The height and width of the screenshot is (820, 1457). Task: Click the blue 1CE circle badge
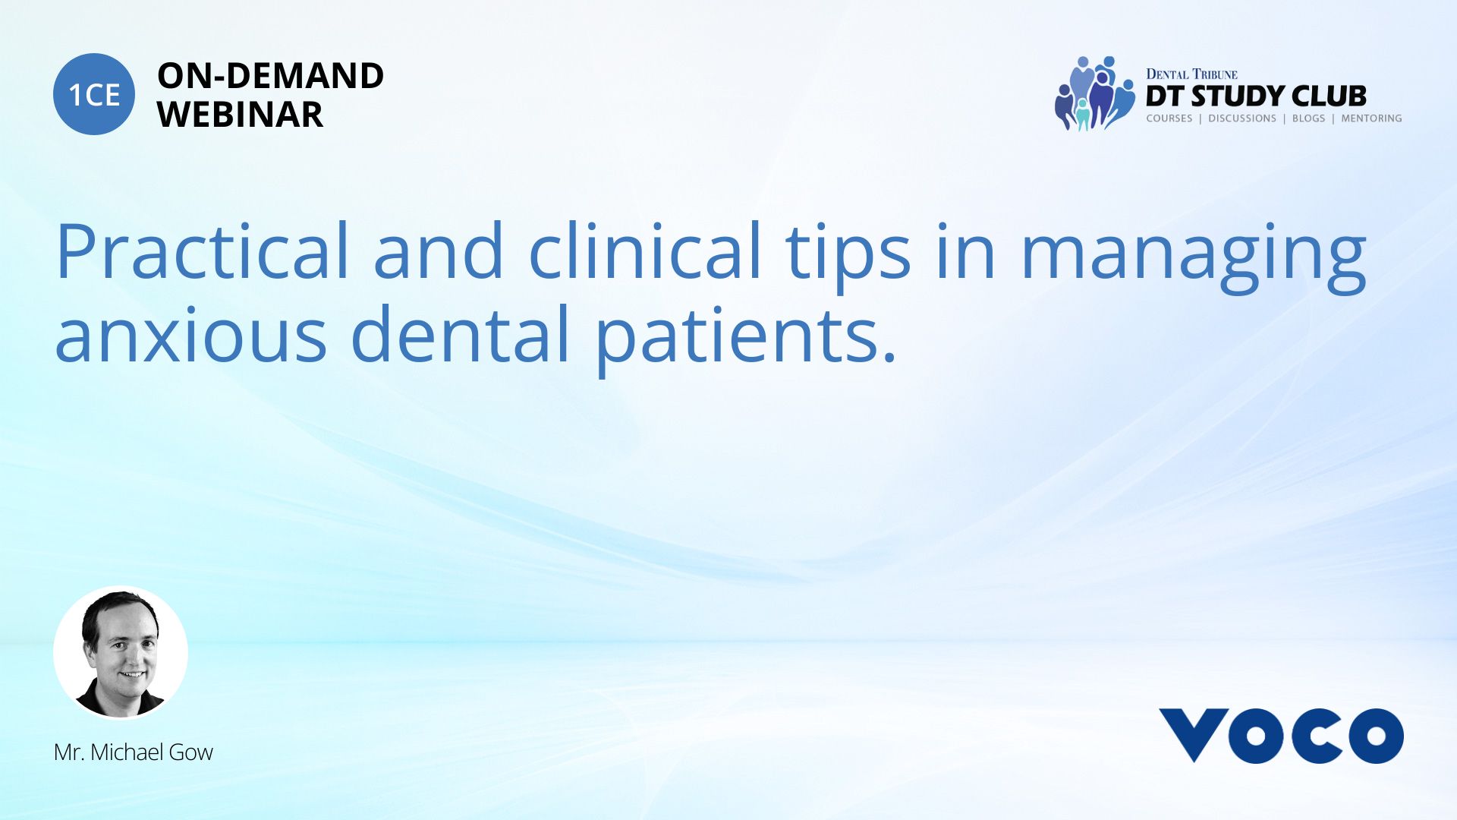pyautogui.click(x=94, y=94)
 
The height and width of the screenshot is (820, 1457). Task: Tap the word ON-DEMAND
pyautogui.click(x=270, y=76)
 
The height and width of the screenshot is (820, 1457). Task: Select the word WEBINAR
pyautogui.click(x=240, y=115)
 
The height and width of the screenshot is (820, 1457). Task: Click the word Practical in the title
pyautogui.click(x=203, y=251)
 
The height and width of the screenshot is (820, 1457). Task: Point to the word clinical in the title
pyautogui.click(x=645, y=251)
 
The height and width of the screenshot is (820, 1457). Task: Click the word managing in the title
pyautogui.click(x=1194, y=258)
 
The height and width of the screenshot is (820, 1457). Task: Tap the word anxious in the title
pyautogui.click(x=190, y=334)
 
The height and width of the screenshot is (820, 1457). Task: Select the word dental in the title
pyautogui.click(x=460, y=332)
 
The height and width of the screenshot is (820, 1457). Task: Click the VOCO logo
pyautogui.click(x=1281, y=735)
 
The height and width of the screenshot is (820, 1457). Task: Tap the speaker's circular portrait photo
pyautogui.click(x=121, y=652)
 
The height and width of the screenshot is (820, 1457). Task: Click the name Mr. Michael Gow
pyautogui.click(x=134, y=752)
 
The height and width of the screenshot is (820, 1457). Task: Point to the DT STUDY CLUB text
pyautogui.click(x=1256, y=96)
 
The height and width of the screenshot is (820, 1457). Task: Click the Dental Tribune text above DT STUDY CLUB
pyautogui.click(x=1191, y=74)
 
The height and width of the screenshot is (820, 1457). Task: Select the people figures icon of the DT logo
pyautogui.click(x=1094, y=93)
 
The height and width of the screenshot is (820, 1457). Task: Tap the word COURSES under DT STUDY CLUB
pyautogui.click(x=1169, y=118)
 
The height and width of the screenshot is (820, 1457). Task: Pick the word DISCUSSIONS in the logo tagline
pyautogui.click(x=1242, y=118)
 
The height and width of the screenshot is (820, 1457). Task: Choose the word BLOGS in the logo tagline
pyautogui.click(x=1308, y=118)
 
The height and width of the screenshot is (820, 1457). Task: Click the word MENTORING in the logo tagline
pyautogui.click(x=1371, y=118)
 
